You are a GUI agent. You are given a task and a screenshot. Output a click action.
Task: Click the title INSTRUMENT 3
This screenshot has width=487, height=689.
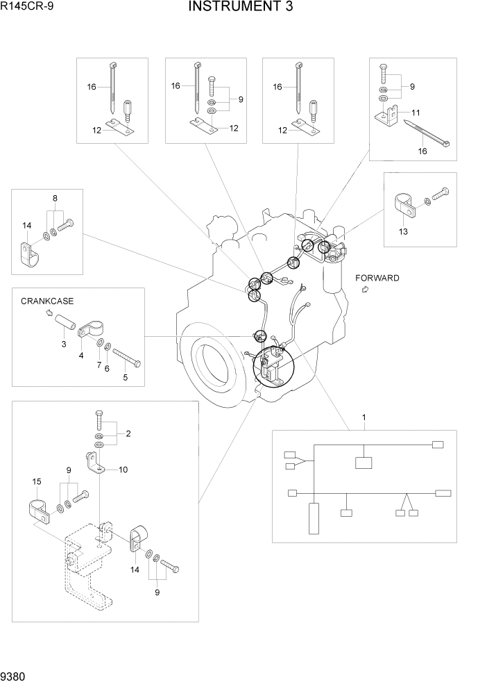coord(240,8)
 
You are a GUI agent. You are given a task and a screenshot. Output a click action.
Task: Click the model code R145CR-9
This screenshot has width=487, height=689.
coord(27,8)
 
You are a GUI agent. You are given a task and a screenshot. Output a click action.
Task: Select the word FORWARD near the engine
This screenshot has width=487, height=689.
coord(377,279)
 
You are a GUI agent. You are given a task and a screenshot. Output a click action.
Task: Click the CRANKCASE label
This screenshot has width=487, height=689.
coord(47,301)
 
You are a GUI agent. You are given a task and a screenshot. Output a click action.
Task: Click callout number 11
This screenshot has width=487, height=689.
coord(416,112)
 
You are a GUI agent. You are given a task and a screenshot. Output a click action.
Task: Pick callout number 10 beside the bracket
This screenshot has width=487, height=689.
coord(123,470)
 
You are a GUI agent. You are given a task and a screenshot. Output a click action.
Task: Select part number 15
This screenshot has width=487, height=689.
coord(37,481)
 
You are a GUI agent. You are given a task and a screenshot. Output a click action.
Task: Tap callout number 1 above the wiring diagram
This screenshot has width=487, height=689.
coord(364,417)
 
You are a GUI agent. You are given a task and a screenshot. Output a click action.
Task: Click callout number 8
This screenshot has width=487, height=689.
coord(55,198)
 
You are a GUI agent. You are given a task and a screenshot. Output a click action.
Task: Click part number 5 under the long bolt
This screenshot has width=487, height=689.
coord(126,378)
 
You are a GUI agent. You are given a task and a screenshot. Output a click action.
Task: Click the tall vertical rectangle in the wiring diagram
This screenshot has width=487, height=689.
coord(315,517)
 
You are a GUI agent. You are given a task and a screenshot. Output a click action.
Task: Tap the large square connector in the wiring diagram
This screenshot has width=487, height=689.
coord(364,463)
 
